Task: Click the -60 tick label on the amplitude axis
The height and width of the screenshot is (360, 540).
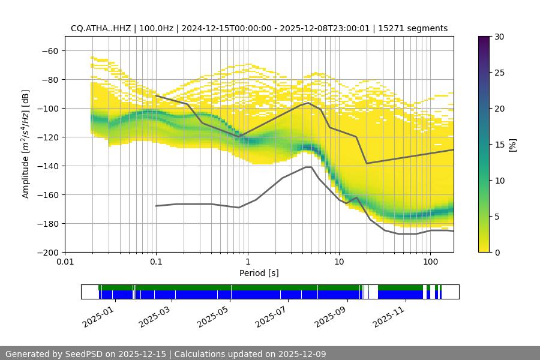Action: pyautogui.click(x=50, y=51)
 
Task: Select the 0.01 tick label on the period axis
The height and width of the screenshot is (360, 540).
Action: pyautogui.click(x=65, y=262)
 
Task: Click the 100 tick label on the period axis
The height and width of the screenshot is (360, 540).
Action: pyautogui.click(x=430, y=262)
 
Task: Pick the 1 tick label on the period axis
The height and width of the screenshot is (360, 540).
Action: pyautogui.click(x=247, y=262)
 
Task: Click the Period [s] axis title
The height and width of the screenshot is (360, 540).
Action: pyautogui.click(x=259, y=273)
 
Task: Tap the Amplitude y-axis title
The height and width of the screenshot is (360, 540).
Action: pyautogui.click(x=26, y=144)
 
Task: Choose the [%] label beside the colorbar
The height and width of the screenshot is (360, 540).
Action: pyautogui.click(x=512, y=145)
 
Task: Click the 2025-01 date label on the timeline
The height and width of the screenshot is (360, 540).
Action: pyautogui.click(x=97, y=316)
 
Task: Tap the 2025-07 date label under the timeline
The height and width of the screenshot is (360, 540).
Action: pyautogui.click(x=271, y=316)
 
